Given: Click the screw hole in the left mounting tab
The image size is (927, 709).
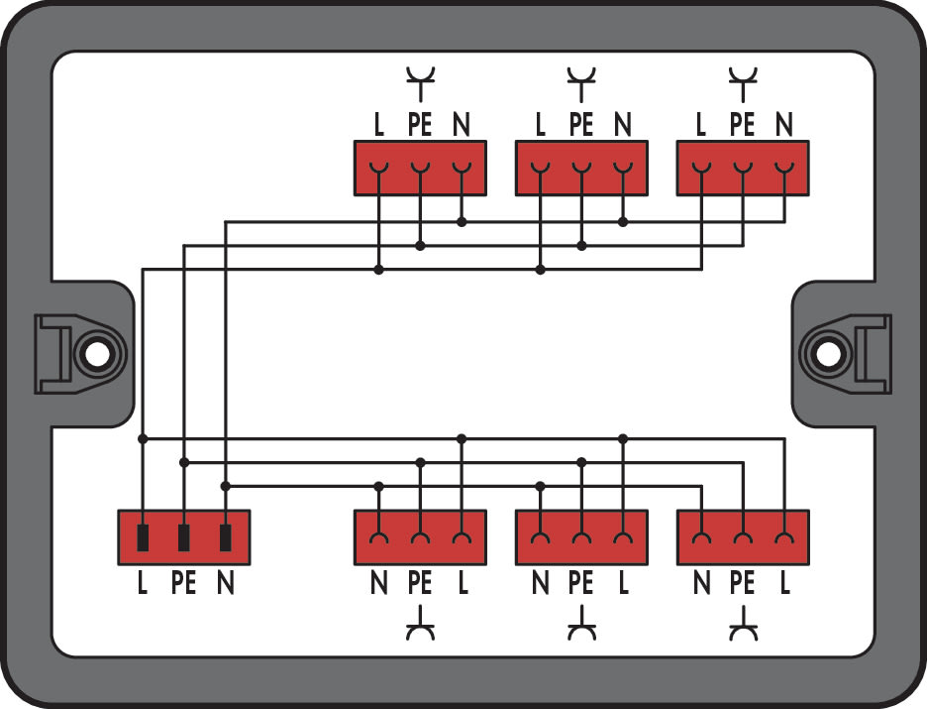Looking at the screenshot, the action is [97, 355].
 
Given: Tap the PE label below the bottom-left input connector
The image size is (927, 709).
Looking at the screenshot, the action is [183, 583].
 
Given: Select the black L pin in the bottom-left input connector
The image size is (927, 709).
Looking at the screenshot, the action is [143, 537].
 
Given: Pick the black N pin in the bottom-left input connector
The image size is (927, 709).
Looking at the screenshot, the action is [225, 537].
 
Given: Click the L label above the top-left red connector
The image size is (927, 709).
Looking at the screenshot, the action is [379, 124].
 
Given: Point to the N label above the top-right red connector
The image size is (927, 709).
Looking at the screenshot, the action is [784, 124].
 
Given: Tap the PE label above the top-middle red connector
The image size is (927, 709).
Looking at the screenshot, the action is [581, 124].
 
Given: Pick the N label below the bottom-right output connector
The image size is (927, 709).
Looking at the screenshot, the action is [701, 583].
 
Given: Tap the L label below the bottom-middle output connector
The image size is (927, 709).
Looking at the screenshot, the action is [623, 583].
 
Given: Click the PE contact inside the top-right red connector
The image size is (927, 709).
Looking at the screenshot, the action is [743, 168].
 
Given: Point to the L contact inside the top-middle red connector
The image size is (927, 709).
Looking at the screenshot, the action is [540, 168].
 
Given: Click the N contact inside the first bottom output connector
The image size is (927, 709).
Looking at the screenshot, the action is [379, 537].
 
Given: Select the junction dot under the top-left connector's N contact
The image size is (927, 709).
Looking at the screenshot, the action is [462, 222].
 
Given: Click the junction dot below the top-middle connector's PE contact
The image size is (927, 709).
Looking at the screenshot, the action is [581, 246].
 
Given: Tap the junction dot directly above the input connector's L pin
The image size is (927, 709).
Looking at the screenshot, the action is [143, 438].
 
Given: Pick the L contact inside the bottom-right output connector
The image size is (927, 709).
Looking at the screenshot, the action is [784, 537].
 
